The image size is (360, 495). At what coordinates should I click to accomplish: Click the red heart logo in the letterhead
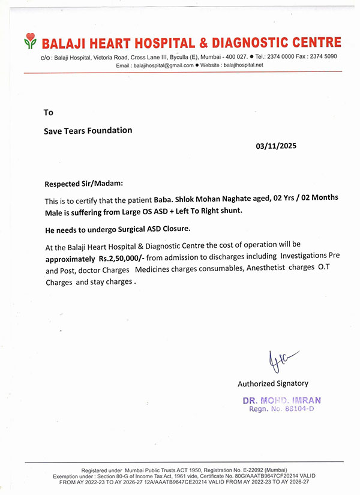tap(30, 41)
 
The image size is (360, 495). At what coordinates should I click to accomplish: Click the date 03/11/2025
tap(276, 146)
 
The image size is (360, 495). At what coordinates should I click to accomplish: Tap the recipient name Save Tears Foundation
tap(88, 130)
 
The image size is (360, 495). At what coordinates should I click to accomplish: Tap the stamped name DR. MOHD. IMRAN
tap(281, 400)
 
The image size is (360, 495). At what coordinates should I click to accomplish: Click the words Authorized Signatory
tap(273, 383)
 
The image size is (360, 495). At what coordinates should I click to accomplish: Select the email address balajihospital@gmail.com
tap(163, 65)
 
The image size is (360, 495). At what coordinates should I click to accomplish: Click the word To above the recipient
tap(49, 112)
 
